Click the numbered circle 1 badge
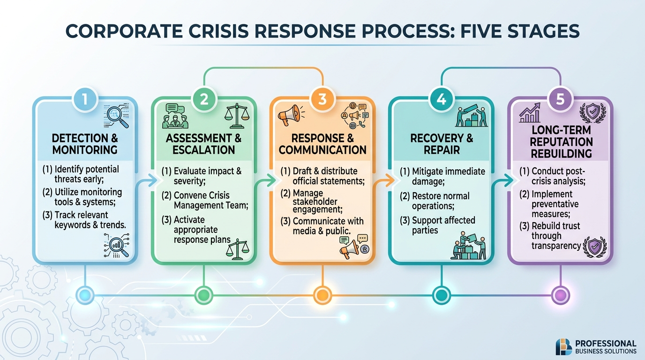(85, 99)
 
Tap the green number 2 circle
(204, 99)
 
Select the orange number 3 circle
(322, 99)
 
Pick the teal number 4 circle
(441, 99)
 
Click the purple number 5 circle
(560, 99)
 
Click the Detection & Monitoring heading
(85, 144)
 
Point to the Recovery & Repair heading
(441, 144)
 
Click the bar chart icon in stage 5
(530, 114)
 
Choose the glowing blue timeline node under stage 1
(85, 294)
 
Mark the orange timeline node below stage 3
(322, 294)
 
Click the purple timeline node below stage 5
(560, 294)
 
